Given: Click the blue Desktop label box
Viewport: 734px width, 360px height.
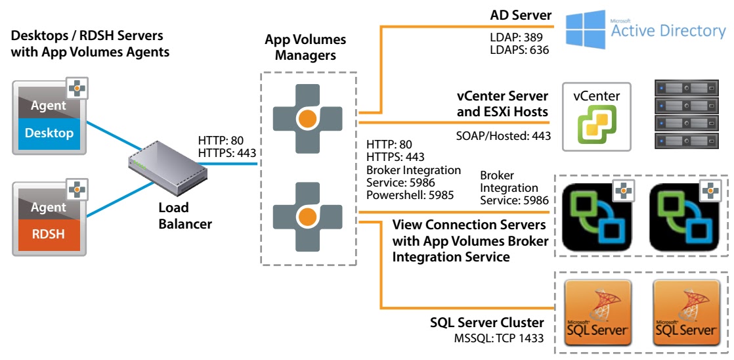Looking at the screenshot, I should point(49,133).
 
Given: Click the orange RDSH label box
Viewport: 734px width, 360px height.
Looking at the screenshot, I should point(49,233).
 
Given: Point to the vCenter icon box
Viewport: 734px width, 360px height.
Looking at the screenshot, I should point(596,114).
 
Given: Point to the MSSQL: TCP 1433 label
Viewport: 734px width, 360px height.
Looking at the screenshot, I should point(498,338).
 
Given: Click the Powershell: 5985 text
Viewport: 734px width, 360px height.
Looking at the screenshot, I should point(408,195).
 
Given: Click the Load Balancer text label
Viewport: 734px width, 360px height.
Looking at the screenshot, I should point(184,215).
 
